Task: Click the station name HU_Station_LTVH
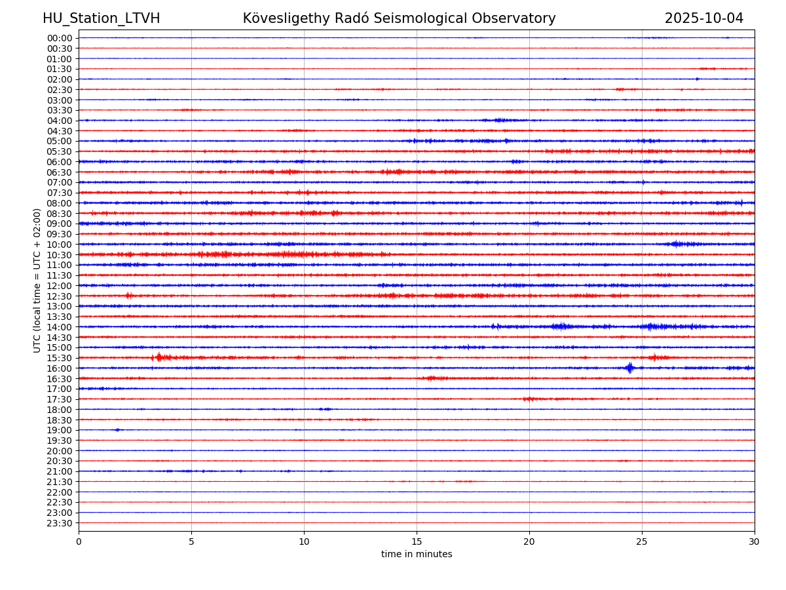click(101, 18)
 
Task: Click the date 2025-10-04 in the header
click(704, 18)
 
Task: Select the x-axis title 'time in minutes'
click(417, 555)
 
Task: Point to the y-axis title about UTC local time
click(37, 280)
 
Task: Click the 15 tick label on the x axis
click(417, 541)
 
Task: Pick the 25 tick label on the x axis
click(642, 541)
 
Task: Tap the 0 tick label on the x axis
click(79, 541)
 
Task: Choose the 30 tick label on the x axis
click(755, 541)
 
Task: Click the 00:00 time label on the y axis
click(59, 38)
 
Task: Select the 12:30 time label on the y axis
click(59, 296)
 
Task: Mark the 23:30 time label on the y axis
click(59, 523)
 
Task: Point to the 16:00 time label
click(59, 368)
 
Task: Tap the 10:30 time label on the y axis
click(59, 255)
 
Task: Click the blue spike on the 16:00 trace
click(629, 368)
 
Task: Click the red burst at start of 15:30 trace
click(159, 357)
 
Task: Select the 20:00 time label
click(59, 451)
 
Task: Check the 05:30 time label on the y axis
click(59, 151)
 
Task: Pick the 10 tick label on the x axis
click(304, 541)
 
